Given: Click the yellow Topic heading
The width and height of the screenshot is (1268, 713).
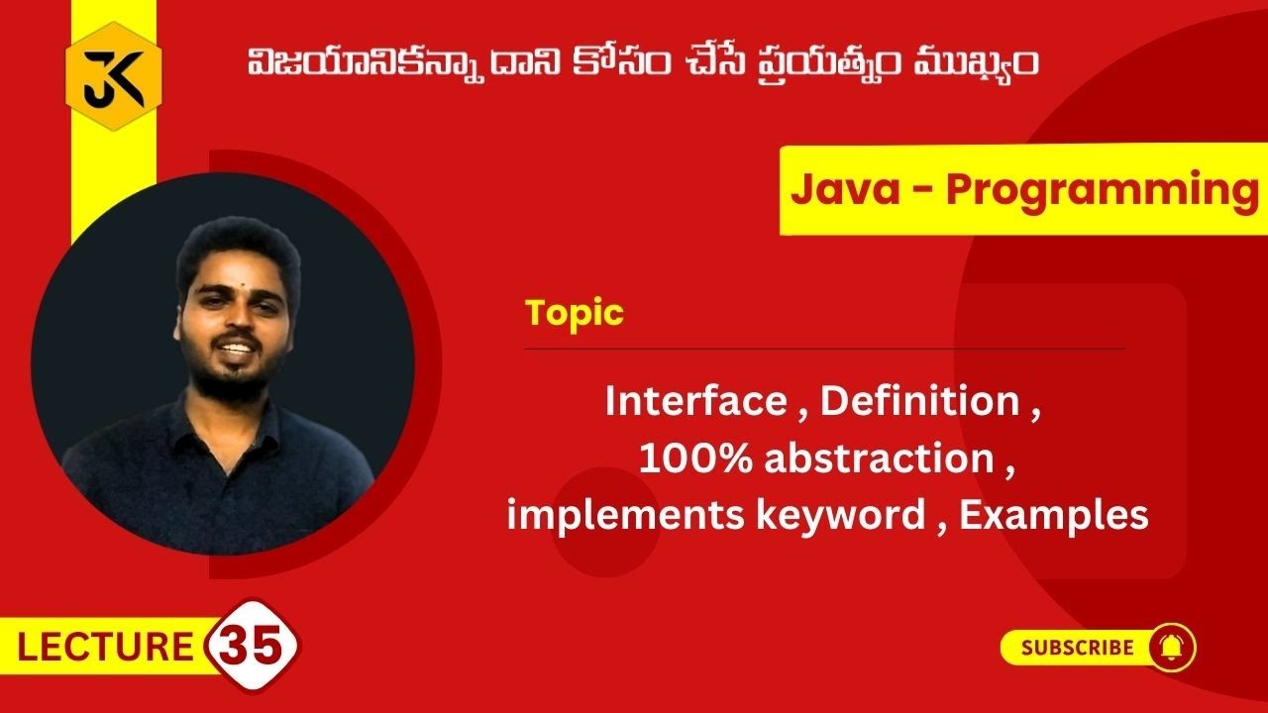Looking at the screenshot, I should (575, 313).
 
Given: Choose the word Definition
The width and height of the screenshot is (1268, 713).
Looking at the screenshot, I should (920, 402).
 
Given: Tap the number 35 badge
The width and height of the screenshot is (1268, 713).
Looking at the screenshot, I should (254, 647).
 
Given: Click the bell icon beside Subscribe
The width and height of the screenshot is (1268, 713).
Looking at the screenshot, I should (1172, 648).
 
